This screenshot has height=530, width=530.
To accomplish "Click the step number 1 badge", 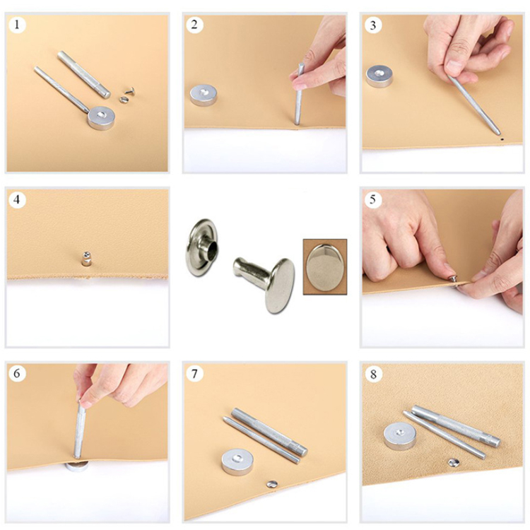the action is pos(17,24).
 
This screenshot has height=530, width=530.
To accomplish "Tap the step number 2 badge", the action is pos(194,24).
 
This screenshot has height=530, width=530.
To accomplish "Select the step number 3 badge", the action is pos(373,25).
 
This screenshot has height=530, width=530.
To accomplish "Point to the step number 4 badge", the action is pos(17,199).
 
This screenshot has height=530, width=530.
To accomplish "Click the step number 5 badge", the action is pos(373,199).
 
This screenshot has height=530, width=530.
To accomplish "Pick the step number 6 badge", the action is pos(17,374).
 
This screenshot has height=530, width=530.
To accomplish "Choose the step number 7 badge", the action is pos(194,374).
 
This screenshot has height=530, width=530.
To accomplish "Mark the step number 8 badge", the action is pos(373,374).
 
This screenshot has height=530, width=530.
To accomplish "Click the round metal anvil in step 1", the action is pos(101,118).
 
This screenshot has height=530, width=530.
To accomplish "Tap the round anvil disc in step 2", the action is pos(203,95).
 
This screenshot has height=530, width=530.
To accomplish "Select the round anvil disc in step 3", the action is pos(379,76).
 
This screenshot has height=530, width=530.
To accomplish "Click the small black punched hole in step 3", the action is pos(502,139).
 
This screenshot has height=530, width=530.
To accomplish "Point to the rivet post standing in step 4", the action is pos(86,258).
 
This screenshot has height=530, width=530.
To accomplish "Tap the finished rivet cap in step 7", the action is pos(272,484).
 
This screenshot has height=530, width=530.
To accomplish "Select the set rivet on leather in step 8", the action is pos(454,463).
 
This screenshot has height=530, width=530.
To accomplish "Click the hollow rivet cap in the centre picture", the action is pos(201,247).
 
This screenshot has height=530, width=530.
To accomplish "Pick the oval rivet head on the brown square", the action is pos(324,268).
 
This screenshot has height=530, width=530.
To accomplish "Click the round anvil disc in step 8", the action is pos(400,436).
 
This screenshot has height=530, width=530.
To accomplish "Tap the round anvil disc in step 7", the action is pos(237,462).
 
